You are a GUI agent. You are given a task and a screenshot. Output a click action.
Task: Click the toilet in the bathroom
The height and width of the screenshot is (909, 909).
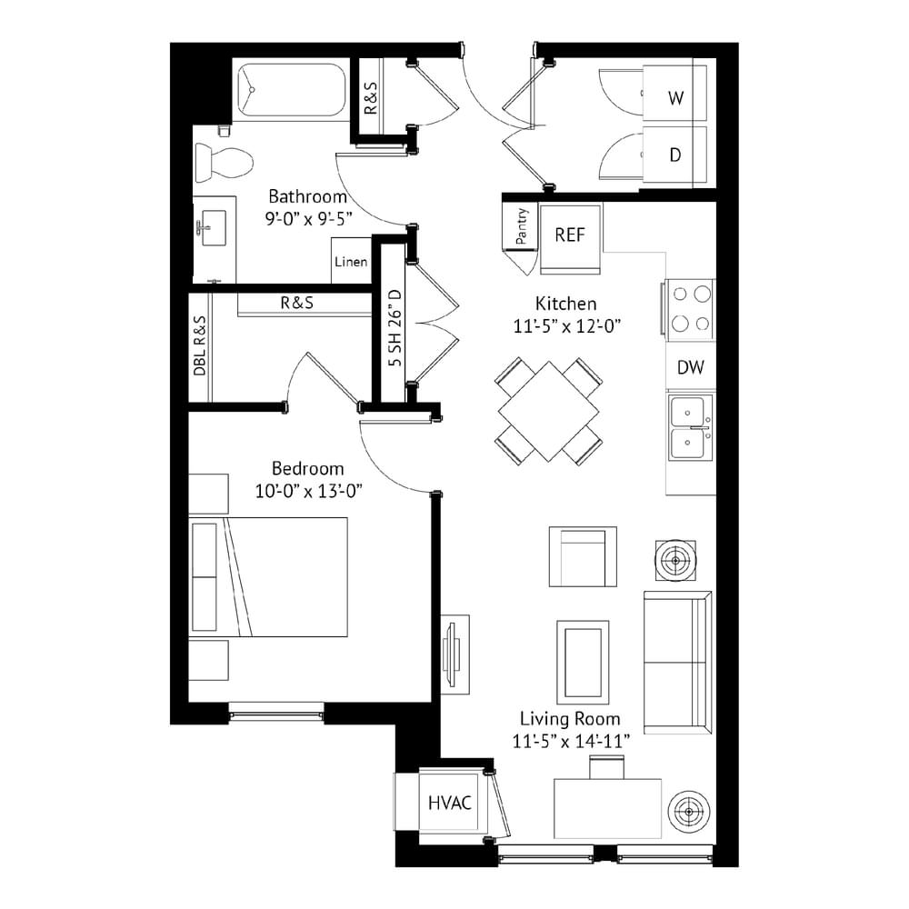point(224,163)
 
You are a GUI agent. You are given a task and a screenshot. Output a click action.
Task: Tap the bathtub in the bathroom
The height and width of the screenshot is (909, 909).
point(292,90)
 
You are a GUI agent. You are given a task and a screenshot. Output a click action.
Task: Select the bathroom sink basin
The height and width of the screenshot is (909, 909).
point(214,228)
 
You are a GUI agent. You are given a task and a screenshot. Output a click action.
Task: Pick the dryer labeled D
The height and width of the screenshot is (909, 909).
point(674,155)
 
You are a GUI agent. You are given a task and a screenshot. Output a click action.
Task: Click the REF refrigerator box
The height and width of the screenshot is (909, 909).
point(571,238)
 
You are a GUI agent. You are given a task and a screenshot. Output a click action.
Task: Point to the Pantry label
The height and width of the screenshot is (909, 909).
point(522,226)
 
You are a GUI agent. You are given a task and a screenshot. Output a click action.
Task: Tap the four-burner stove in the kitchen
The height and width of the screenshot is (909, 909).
point(689,309)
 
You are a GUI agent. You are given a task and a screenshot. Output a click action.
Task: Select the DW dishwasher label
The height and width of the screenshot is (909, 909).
point(691,367)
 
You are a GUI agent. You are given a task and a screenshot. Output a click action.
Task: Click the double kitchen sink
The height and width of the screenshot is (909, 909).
point(690,428)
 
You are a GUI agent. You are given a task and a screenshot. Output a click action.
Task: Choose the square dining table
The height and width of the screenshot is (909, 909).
point(548,412)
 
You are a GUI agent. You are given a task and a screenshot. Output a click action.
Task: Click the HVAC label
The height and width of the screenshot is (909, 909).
point(449,803)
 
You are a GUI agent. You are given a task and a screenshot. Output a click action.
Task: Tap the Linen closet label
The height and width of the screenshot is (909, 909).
point(351,262)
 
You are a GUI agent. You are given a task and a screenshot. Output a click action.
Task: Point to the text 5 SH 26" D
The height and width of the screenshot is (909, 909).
point(395,327)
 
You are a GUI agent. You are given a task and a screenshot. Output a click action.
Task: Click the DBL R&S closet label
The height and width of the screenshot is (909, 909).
point(199,346)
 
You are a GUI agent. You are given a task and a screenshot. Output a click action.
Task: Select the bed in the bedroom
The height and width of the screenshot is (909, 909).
point(268,577)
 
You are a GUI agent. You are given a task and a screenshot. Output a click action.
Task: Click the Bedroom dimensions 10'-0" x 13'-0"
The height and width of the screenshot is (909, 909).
point(308,492)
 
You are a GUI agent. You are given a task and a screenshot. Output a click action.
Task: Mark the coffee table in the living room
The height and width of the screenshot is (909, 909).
point(584,662)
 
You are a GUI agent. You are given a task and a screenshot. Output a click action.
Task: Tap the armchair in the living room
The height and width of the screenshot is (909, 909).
point(584,556)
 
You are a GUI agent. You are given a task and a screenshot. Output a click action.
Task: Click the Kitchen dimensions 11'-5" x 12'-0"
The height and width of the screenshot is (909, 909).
point(566,326)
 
